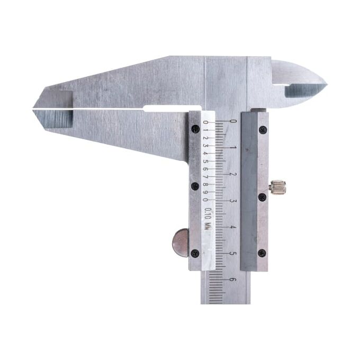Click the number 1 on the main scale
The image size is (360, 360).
pos(233,147)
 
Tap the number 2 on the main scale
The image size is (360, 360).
pos(233,174)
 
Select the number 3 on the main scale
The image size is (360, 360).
pos(233,201)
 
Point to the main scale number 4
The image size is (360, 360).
pos(233,227)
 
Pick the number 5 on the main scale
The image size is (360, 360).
pos(233,254)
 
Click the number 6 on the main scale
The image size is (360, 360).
pos(233,280)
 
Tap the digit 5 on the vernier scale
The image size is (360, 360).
pos(206,161)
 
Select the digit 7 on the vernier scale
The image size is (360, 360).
pos(206,176)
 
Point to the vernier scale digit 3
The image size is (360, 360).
pos(206,146)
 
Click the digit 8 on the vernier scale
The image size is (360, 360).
pos(206,184)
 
